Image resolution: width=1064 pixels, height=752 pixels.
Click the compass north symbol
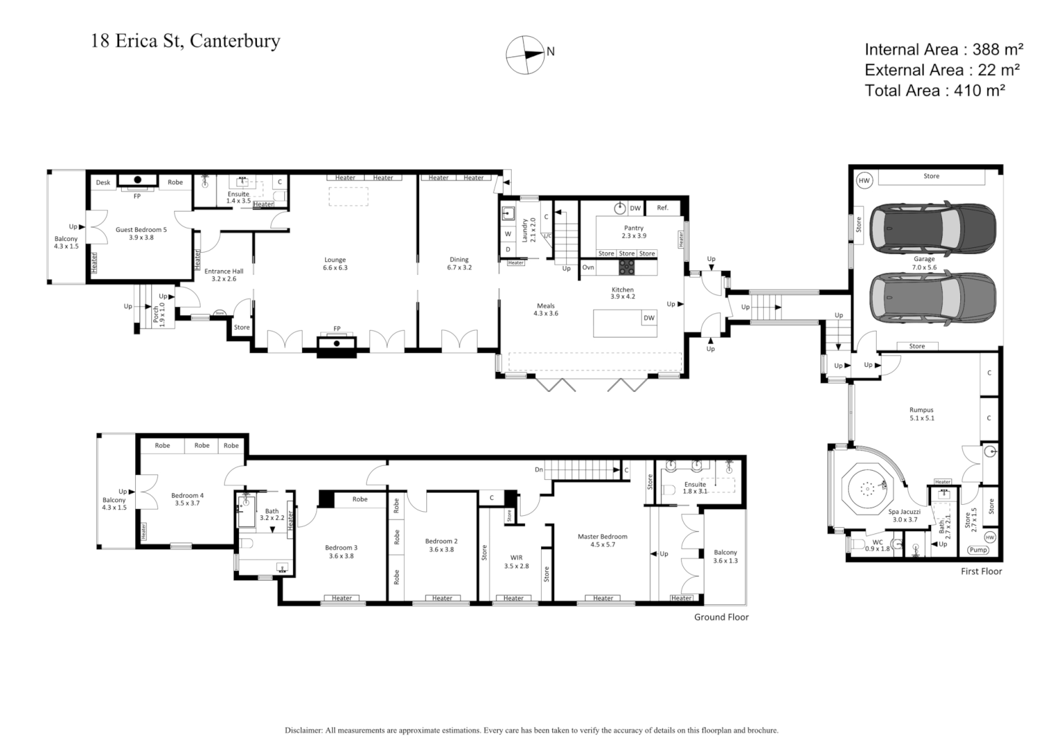tap(526, 54)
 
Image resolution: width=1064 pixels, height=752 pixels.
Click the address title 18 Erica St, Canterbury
tap(185, 41)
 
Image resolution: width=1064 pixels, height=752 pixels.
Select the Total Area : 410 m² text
tap(934, 90)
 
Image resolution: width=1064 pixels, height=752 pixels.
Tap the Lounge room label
tap(335, 263)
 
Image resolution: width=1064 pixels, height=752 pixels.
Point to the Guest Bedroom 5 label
tap(141, 233)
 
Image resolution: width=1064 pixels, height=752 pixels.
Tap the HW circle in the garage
tap(864, 180)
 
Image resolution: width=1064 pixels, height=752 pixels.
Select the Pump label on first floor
tap(978, 550)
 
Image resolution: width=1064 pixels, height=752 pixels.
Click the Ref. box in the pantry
tap(662, 207)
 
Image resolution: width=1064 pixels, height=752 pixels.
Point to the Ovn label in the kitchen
tap(588, 267)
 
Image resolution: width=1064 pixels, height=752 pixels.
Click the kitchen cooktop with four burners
tap(627, 267)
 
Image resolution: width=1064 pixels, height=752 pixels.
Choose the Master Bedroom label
tap(602, 540)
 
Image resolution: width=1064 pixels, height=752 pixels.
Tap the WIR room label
tap(516, 561)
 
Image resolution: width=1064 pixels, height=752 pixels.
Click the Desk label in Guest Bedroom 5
tap(103, 182)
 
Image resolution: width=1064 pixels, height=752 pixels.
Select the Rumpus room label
tap(921, 414)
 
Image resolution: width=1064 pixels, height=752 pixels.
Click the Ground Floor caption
tap(721, 617)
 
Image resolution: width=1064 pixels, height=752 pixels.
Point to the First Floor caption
tap(981, 571)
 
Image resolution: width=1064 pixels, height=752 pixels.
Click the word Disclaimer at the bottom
tap(304, 730)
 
